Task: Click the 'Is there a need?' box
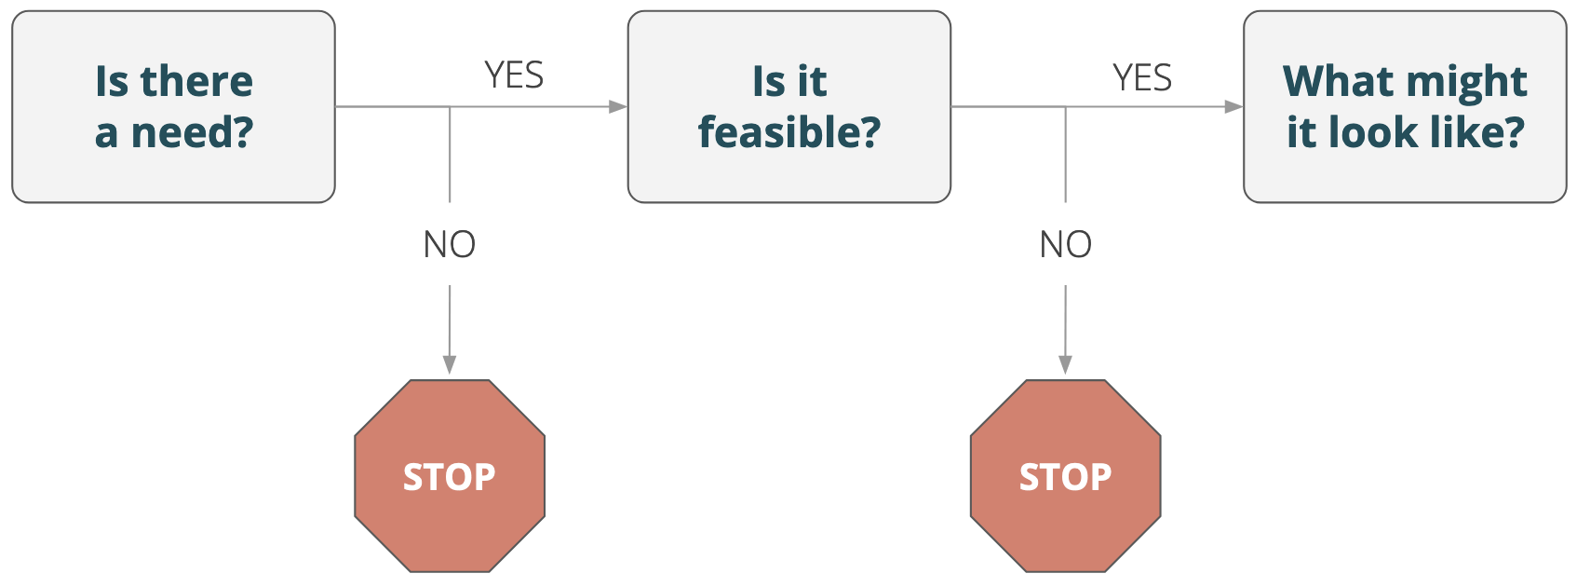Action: point(173,106)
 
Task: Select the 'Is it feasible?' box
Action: point(788,106)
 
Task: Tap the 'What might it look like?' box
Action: point(1405,106)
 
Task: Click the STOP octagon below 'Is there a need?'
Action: point(450,476)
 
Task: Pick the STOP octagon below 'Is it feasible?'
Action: point(1065,476)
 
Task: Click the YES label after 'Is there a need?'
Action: point(514,75)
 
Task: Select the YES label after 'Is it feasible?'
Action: point(1142,77)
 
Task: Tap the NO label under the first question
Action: point(450,245)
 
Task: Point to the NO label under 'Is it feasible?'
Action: point(1065,245)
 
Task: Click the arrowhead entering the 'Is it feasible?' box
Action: point(618,107)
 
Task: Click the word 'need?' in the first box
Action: point(192,132)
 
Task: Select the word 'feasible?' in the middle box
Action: point(789,132)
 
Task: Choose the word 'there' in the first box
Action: point(196,81)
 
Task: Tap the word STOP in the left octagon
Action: point(450,477)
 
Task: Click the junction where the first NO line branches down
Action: point(450,107)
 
